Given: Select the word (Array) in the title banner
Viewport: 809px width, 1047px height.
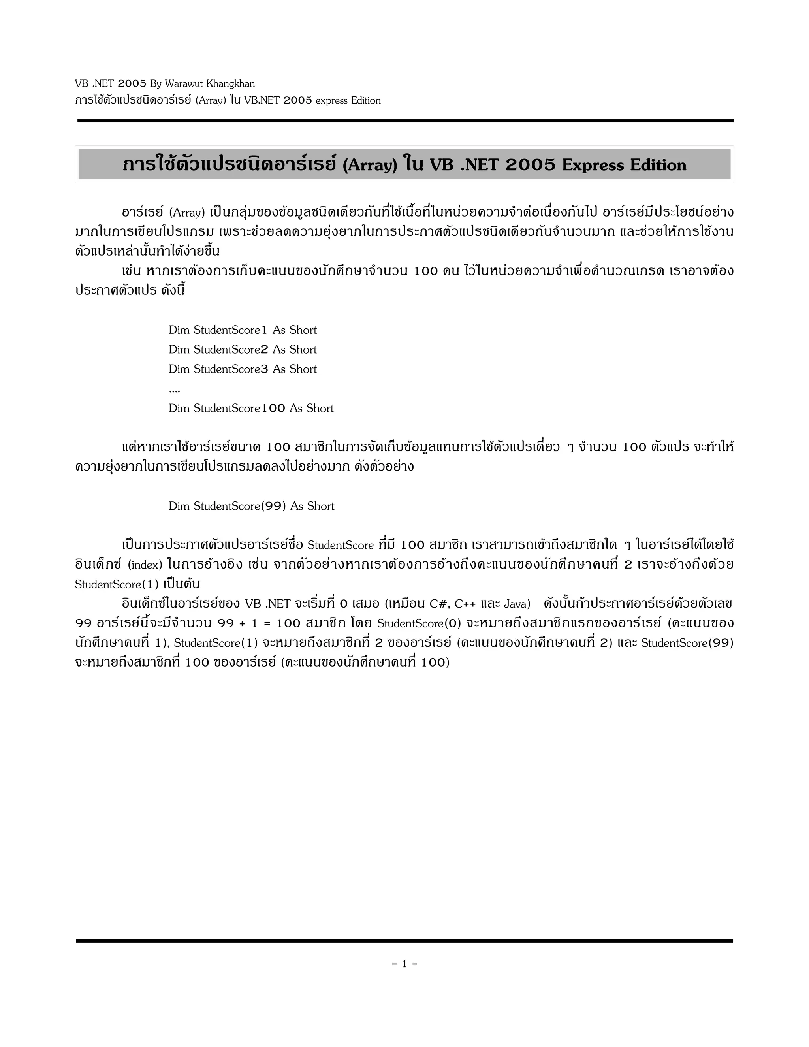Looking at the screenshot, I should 371,165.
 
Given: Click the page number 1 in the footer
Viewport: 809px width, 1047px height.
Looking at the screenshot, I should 404,964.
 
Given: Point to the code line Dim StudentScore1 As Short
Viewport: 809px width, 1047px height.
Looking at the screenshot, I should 243,330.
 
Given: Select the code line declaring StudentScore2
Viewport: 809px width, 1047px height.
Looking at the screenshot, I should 243,350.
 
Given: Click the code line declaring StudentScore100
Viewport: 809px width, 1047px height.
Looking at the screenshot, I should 251,409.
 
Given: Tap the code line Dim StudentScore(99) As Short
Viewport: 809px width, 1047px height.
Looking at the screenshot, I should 251,506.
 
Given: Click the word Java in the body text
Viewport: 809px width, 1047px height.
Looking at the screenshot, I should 517,604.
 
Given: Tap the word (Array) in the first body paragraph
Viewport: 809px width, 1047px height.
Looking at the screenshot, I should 187,212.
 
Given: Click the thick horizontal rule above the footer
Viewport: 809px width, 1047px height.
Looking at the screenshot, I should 404,941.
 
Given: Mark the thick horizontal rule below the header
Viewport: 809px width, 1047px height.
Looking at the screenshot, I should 405,121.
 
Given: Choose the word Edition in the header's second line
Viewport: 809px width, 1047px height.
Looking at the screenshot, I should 366,101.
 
